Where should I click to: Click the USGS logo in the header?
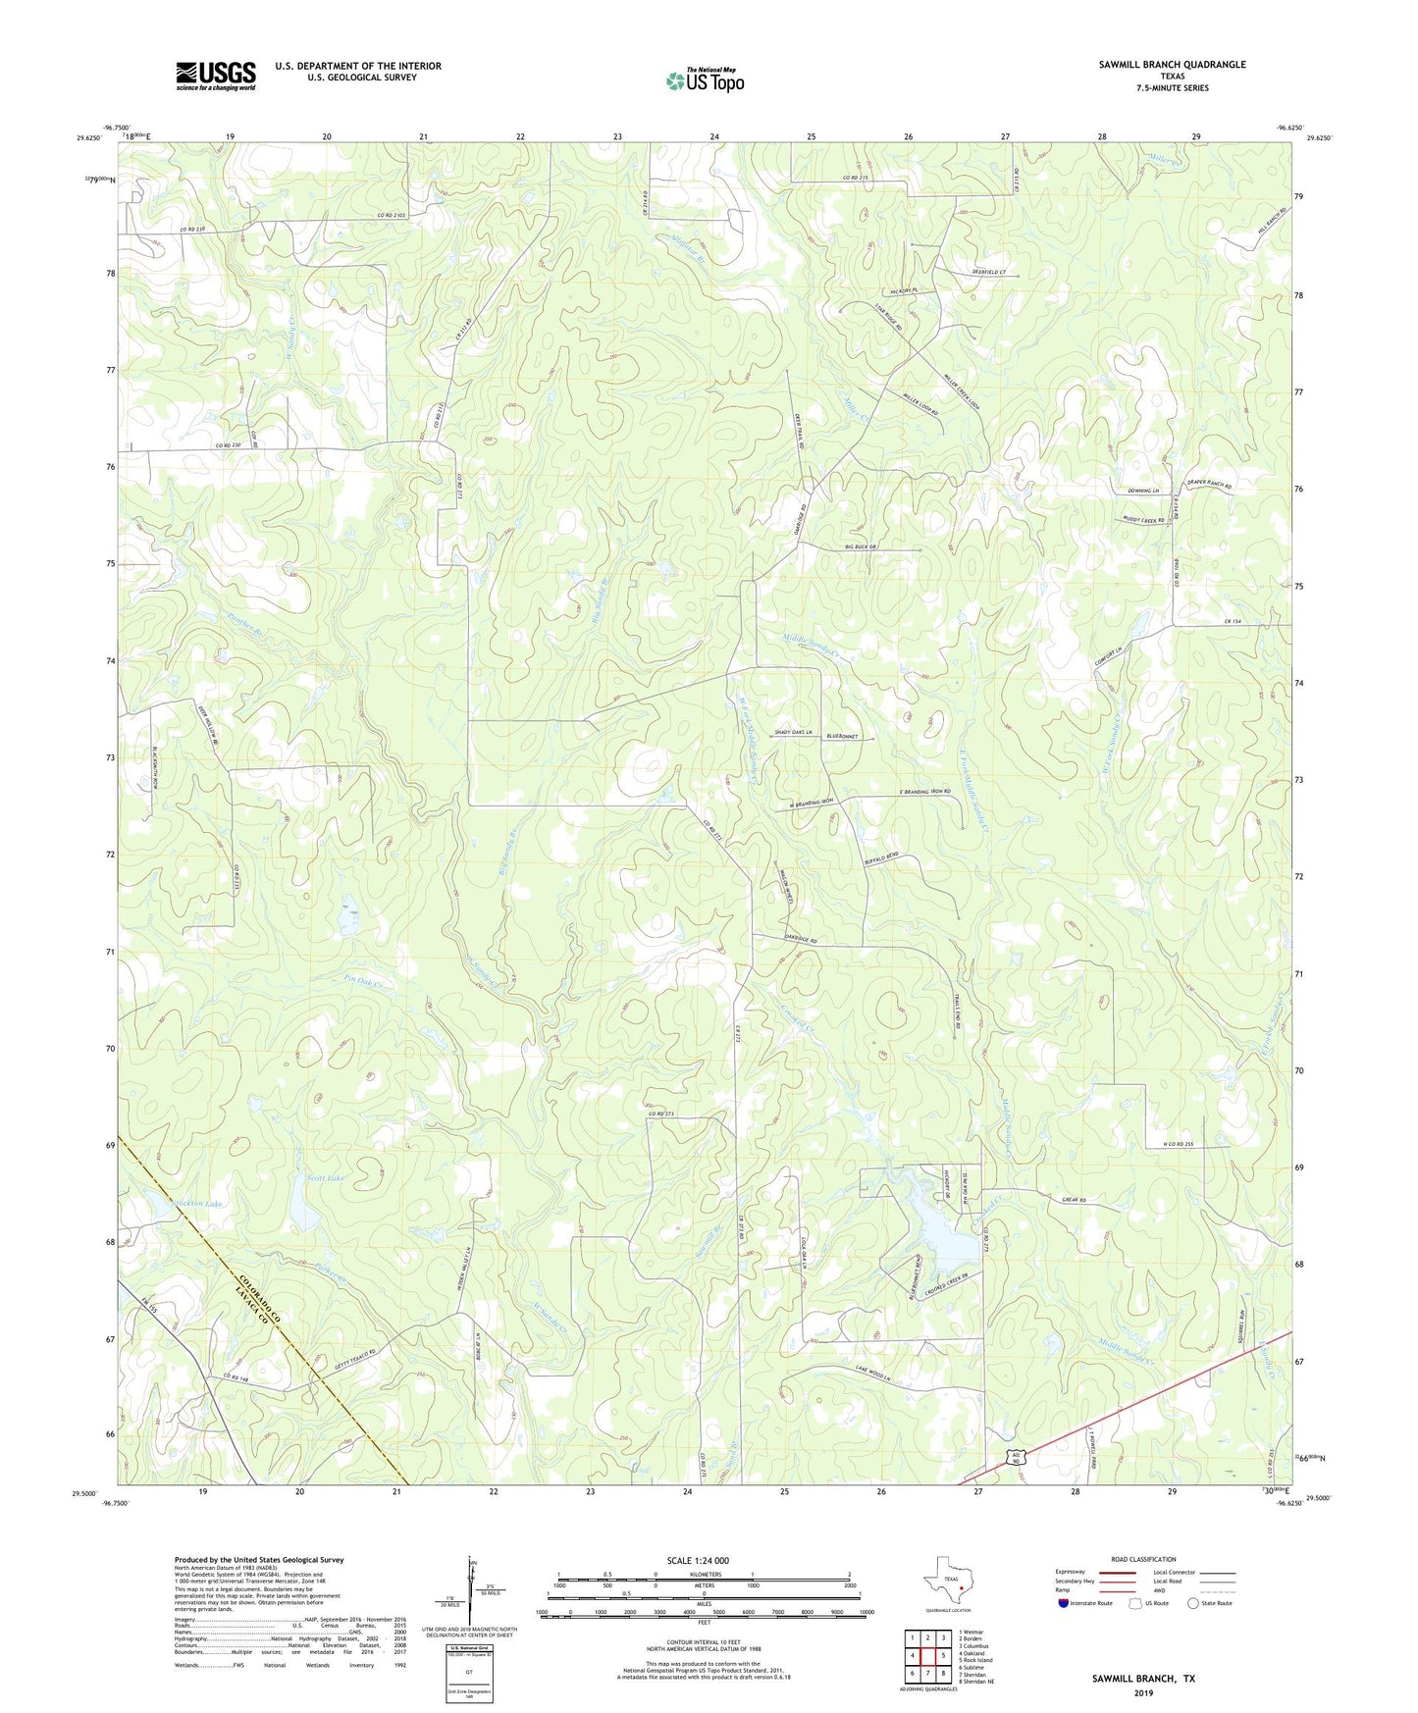coord(216,75)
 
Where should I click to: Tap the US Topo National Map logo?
coord(705,79)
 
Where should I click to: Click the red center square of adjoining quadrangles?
coord(926,1655)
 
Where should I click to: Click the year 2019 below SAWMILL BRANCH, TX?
coord(1143,1692)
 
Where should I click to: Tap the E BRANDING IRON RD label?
coord(911,791)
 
